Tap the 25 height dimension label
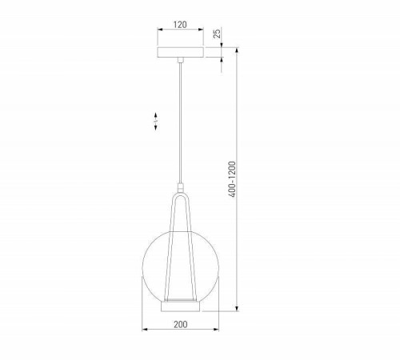217,35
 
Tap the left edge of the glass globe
143,264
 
